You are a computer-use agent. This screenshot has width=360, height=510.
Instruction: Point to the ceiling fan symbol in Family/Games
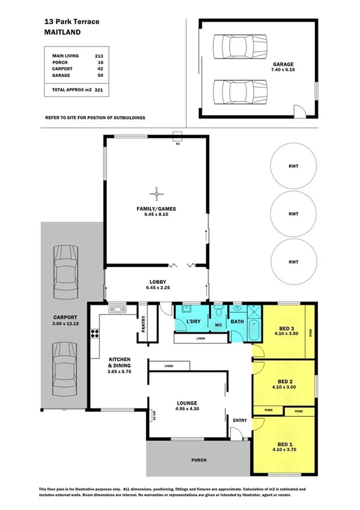click(157, 193)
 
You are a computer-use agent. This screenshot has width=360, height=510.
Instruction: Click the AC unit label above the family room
click(177, 144)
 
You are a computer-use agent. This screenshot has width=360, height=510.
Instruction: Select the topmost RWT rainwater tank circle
click(293, 165)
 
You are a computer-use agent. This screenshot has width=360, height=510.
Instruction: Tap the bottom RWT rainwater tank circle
click(293, 262)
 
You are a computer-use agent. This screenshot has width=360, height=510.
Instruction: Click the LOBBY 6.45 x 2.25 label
click(157, 285)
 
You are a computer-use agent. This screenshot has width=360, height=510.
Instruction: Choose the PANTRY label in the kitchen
click(143, 325)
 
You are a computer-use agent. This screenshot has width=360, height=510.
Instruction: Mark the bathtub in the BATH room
click(237, 331)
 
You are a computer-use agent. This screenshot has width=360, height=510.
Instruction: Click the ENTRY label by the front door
click(240, 420)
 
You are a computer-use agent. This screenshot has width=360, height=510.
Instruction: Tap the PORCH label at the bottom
click(198, 460)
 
